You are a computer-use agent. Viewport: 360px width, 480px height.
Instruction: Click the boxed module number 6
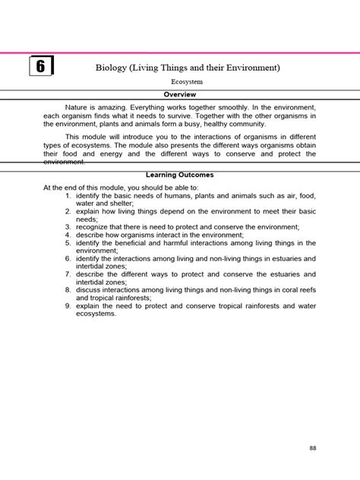40,67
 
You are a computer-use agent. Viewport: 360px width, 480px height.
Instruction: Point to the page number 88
312,447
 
